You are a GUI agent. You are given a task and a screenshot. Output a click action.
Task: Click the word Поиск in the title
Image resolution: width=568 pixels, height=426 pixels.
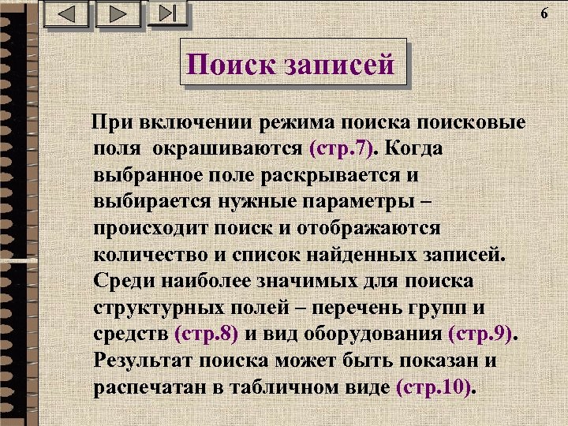229,65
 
